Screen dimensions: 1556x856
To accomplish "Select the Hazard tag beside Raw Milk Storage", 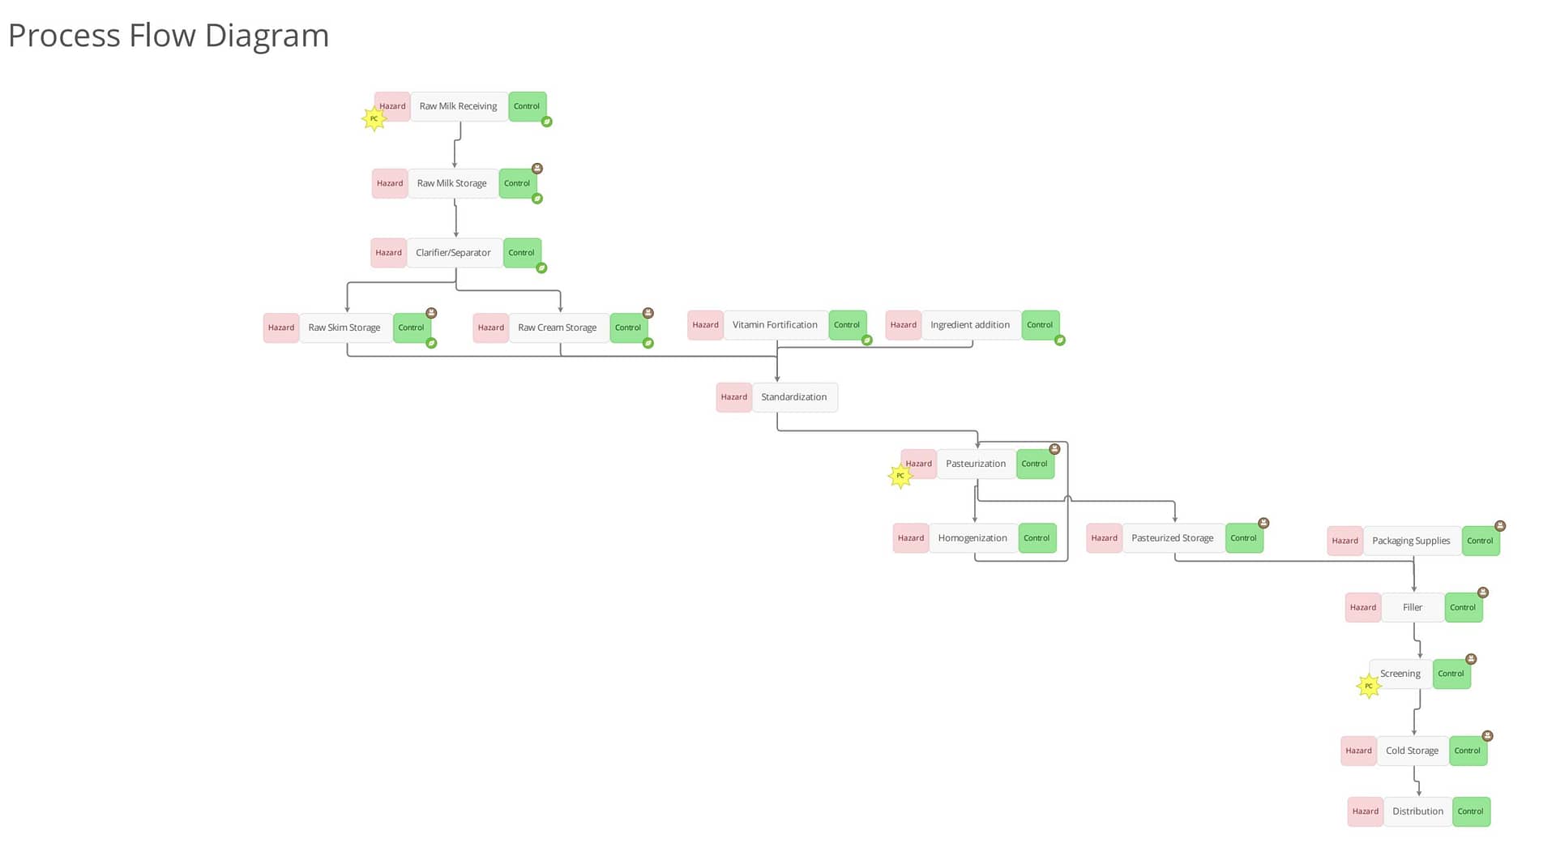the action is pos(390,183).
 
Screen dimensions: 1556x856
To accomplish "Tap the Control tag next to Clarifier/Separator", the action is pos(522,253).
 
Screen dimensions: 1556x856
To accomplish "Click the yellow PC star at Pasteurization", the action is pos(900,476).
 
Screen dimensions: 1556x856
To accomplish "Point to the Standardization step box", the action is pos(795,397).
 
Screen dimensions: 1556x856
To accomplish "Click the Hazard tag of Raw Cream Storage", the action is pos(491,327).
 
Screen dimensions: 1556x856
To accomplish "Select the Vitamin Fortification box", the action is pos(776,325).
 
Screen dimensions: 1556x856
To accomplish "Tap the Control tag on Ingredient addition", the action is pos(1041,325).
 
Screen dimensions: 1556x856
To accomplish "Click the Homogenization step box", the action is pos(973,538).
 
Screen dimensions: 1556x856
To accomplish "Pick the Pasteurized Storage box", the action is pos(1173,538).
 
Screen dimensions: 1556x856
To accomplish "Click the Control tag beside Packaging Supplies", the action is pos(1481,541).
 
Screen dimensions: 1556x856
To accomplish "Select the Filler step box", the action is pos(1413,607).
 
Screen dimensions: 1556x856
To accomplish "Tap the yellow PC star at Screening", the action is pos(1369,686).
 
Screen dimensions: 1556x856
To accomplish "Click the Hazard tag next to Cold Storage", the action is pos(1359,751).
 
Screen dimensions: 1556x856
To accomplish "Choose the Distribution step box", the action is pos(1418,811).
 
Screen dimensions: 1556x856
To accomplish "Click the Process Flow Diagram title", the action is pos(169,36).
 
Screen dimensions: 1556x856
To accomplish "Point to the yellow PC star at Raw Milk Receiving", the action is pos(374,118).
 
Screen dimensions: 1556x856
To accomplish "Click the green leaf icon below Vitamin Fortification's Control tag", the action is pos(867,340).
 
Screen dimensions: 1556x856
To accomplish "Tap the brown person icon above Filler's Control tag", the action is pos(1483,593).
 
